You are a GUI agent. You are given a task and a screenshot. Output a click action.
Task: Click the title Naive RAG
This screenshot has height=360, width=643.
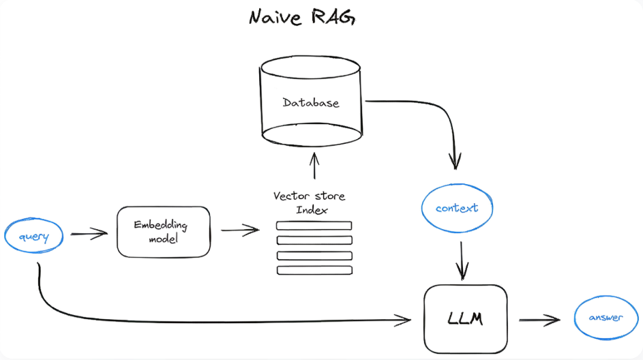[302, 18]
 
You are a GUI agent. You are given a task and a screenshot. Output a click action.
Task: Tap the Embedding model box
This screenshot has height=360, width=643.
[164, 232]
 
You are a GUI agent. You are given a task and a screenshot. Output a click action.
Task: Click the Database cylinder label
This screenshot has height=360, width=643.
[311, 103]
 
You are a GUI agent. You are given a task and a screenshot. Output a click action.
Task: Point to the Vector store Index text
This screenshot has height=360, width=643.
[310, 202]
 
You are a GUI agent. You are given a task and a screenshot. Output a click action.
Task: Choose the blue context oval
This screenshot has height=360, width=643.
[456, 208]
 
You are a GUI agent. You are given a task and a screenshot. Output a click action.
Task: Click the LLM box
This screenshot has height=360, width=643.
[466, 318]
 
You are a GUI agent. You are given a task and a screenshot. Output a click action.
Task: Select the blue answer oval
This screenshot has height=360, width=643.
[606, 318]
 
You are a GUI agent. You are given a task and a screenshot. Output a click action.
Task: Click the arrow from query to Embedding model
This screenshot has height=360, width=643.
[89, 234]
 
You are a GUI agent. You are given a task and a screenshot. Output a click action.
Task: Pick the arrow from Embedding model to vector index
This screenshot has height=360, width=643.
[240, 230]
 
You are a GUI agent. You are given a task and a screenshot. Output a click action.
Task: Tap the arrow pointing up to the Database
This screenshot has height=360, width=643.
[314, 166]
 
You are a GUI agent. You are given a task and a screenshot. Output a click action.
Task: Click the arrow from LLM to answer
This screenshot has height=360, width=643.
[539, 319]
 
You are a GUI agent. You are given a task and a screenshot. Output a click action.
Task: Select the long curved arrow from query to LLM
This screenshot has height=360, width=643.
[205, 315]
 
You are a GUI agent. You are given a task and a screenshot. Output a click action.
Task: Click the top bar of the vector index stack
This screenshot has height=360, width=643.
[314, 226]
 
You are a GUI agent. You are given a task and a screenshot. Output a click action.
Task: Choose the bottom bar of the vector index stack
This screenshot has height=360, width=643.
[314, 270]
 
